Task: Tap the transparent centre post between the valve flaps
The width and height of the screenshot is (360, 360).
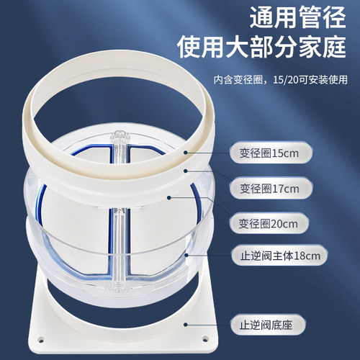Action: (118, 238)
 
